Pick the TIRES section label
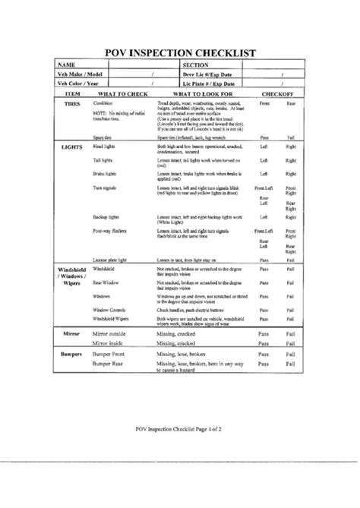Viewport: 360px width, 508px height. click(72, 102)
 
